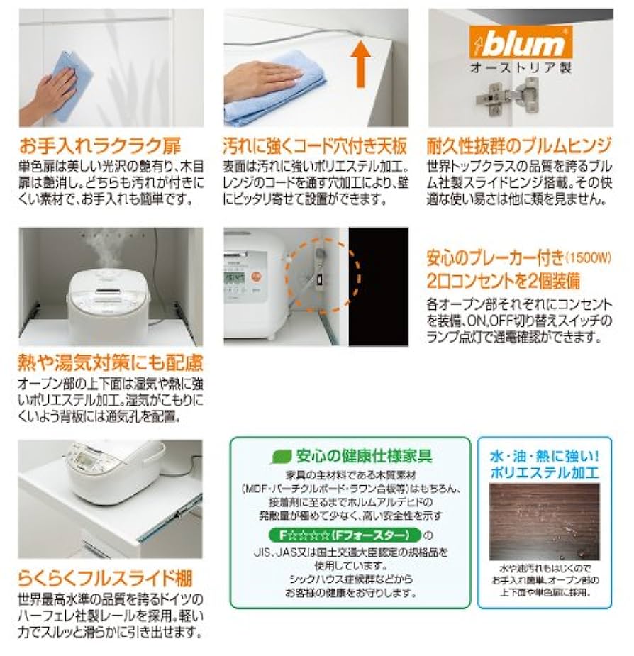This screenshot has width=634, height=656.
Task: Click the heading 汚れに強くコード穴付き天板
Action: [x=316, y=147]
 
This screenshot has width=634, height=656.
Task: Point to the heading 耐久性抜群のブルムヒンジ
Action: [x=518, y=147]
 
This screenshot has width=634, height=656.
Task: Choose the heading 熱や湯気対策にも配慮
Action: [x=110, y=364]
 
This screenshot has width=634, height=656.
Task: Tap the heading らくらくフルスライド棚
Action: [x=105, y=577]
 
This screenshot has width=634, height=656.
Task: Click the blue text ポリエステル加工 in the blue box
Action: [x=545, y=471]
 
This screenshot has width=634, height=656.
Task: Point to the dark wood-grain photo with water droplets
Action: [x=545, y=521]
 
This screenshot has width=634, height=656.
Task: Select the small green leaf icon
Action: [x=283, y=456]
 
